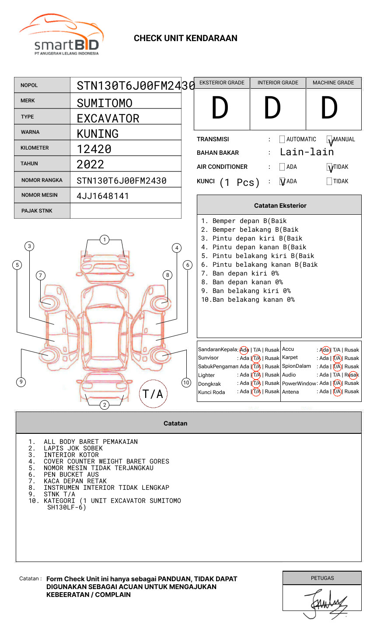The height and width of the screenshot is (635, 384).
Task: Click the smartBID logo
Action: click(61, 35)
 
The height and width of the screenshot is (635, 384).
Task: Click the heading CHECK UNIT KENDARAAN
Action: click(185, 38)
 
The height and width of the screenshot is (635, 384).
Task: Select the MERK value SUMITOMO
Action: click(105, 103)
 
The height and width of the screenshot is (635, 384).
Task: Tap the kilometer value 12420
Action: click(94, 149)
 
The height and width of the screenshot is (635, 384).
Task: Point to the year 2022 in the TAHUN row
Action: click(91, 164)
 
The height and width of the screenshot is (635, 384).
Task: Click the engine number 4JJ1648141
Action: click(103, 196)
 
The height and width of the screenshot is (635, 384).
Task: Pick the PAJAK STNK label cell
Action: click(42, 211)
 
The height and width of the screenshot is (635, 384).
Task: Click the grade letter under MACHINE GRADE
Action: click(329, 108)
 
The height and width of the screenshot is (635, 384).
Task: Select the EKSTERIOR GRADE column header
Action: click(222, 83)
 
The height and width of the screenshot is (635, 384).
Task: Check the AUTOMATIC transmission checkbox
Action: click(282, 140)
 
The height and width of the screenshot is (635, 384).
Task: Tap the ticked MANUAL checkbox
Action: click(329, 140)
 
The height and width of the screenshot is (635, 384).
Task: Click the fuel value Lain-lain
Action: click(307, 152)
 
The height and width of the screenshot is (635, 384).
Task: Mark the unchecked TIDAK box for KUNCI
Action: click(329, 181)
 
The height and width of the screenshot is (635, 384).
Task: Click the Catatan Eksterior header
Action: click(280, 206)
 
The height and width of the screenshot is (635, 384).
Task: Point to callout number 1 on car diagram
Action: click(104, 239)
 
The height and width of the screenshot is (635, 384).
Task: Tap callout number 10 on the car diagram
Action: click(186, 383)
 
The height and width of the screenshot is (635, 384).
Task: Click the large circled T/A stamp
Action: click(153, 394)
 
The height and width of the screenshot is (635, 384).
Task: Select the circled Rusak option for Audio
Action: click(353, 375)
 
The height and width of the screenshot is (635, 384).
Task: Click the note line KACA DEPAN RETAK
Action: click(75, 481)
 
